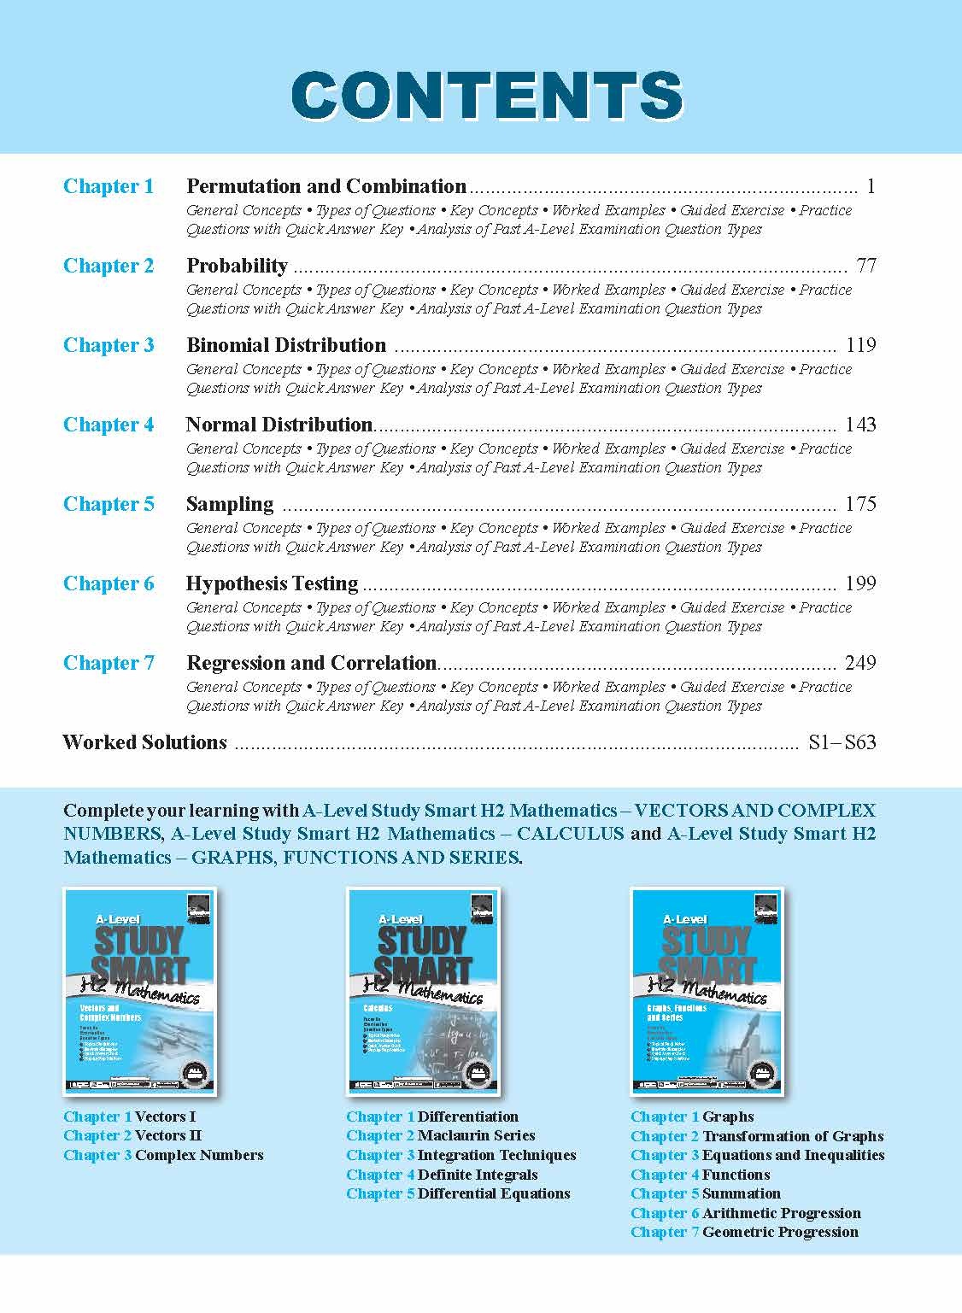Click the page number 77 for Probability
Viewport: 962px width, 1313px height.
865,266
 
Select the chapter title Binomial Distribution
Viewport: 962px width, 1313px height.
286,345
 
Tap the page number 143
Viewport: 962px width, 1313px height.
860,425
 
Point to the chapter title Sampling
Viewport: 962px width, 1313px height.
230,504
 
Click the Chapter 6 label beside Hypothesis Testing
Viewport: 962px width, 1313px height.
109,583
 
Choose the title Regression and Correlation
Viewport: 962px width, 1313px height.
311,663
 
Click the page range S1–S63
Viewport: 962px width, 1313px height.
842,742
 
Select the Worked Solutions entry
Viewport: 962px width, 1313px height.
144,742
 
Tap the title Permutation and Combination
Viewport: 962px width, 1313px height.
326,186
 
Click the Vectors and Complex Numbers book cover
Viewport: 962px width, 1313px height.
140,991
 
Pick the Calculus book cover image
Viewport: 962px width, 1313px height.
424,991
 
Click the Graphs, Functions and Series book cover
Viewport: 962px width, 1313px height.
707,991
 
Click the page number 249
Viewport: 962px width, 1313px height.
860,663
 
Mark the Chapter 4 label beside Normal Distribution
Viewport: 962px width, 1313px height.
109,425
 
